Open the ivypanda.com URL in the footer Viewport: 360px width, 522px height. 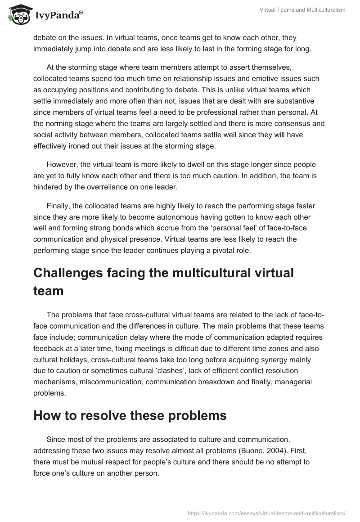pos(266,512)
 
